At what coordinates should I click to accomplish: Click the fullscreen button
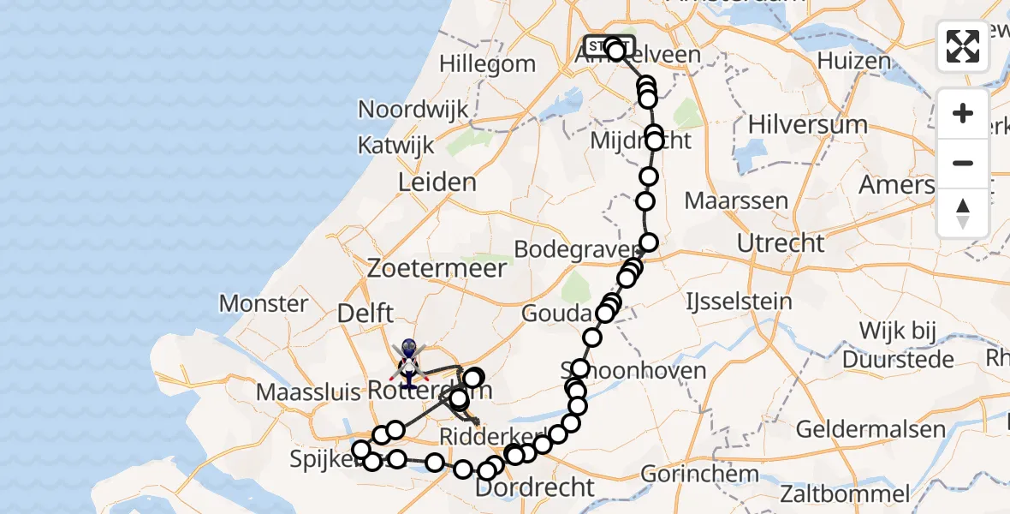pyautogui.click(x=963, y=46)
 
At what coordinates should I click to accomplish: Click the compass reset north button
pyautogui.click(x=963, y=213)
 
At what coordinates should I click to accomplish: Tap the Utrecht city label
pyautogui.click(x=781, y=243)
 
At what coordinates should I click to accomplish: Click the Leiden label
pyautogui.click(x=437, y=182)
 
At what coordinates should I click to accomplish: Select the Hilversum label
pyautogui.click(x=807, y=124)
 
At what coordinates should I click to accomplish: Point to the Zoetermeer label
pyautogui.click(x=437, y=268)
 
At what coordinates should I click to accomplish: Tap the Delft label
pyautogui.click(x=365, y=314)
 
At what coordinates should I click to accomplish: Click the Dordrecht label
pyautogui.click(x=534, y=488)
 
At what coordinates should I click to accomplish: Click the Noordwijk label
pyautogui.click(x=413, y=110)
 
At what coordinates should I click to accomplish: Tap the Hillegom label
pyautogui.click(x=487, y=64)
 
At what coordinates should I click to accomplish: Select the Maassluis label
pyautogui.click(x=309, y=391)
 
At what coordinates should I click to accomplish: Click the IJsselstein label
pyautogui.click(x=739, y=302)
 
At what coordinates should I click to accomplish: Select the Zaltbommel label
pyautogui.click(x=845, y=493)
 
